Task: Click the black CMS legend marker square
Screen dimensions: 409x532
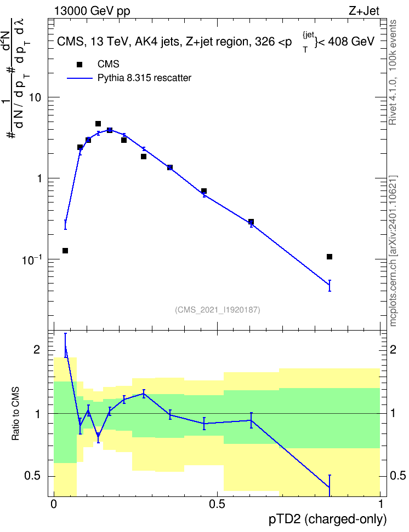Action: tap(79, 65)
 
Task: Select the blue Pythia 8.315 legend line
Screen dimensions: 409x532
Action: tap(79, 78)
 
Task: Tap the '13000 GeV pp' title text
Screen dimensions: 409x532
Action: tap(92, 11)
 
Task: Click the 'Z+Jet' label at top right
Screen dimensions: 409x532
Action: tap(364, 11)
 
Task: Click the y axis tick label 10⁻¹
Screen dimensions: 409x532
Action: tap(31, 259)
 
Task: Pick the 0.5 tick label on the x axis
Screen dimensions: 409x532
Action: tap(217, 504)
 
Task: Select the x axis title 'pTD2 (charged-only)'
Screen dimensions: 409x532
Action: tap(328, 519)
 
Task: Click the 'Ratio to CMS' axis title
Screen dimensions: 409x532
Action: tap(15, 413)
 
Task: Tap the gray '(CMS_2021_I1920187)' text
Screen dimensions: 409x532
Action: tap(218, 310)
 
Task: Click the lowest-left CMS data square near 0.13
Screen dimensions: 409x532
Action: tap(65, 251)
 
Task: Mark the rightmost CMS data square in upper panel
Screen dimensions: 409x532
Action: tap(330, 257)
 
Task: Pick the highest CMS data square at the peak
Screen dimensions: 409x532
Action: tap(98, 124)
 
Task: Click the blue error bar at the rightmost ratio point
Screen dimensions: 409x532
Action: tap(330, 486)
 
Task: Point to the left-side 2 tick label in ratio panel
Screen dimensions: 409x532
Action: tap(37, 350)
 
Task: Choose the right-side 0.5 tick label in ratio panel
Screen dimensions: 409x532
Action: tap(397, 476)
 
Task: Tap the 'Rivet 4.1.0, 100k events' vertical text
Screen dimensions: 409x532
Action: tap(393, 72)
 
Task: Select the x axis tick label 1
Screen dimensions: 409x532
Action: tap(380, 504)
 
